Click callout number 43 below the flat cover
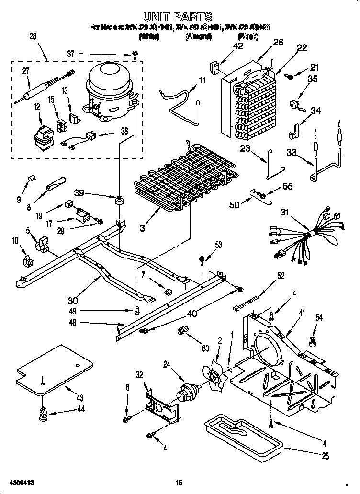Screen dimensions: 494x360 pyautogui.click(x=79, y=398)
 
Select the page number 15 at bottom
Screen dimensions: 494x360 pyautogui.click(x=179, y=482)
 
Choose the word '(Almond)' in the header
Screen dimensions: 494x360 pyautogui.click(x=198, y=37)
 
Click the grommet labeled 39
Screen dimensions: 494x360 pyautogui.click(x=117, y=199)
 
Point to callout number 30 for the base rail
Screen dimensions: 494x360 pyautogui.click(x=73, y=300)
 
